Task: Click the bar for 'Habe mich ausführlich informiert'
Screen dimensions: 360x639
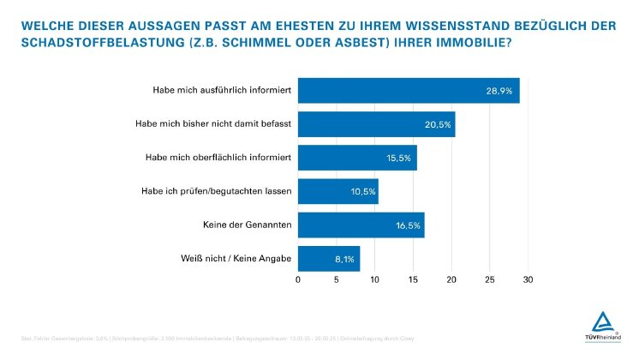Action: [409, 91]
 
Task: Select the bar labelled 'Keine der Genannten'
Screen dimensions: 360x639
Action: [361, 225]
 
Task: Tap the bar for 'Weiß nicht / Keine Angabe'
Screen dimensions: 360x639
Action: [329, 258]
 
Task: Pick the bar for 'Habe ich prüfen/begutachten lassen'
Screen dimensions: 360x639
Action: [337, 191]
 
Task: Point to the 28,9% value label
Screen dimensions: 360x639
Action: [499, 91]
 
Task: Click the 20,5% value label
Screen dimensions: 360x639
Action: [436, 124]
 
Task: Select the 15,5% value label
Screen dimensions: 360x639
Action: [398, 158]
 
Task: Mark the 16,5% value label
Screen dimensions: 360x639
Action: [406, 225]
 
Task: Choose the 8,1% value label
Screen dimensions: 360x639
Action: [344, 258]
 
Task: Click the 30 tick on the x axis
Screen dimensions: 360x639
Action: [528, 279]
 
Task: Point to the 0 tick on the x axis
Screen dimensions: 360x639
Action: [298, 279]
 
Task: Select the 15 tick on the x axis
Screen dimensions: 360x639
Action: [413, 279]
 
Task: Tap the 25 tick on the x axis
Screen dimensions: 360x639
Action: [489, 279]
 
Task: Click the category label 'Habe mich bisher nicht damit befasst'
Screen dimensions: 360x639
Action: [213, 124]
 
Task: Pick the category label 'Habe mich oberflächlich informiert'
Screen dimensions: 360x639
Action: [218, 158]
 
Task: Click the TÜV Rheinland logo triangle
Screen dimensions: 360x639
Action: [605, 324]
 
